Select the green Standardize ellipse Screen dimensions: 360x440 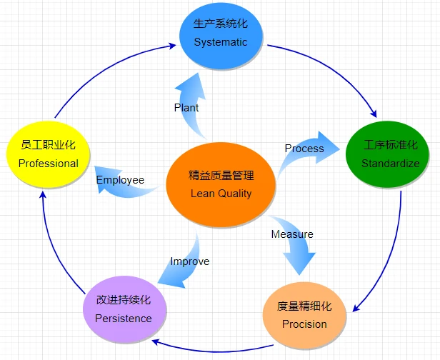click(388, 154)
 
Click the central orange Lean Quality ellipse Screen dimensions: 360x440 click(221, 184)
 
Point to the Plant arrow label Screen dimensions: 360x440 click(186, 108)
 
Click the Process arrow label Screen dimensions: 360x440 click(304, 149)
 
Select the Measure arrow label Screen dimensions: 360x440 click(292, 234)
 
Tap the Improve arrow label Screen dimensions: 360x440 click(189, 261)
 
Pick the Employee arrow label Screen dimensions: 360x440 click(120, 180)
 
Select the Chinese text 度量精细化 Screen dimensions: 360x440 click(304, 307)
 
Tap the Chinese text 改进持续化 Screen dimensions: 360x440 click(123, 301)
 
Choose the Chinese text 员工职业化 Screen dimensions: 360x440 click(48, 146)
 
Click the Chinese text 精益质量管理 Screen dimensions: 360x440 click(221, 175)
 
